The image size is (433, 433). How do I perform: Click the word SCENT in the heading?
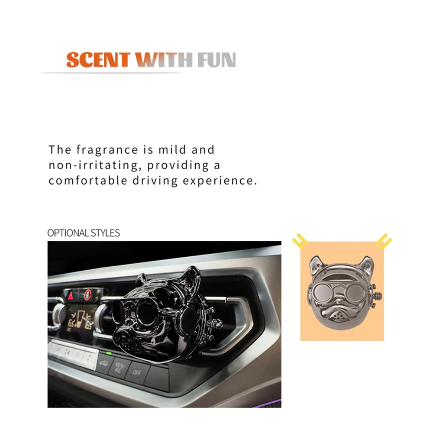tap(98, 60)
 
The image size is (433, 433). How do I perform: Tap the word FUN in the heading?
tap(217, 60)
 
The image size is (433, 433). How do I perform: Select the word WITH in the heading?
tap(164, 60)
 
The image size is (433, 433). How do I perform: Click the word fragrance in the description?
tap(107, 150)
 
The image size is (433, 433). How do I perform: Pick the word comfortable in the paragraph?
tap(88, 181)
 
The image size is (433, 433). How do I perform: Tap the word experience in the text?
tap(220, 181)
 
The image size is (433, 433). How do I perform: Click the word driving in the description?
tap(155, 181)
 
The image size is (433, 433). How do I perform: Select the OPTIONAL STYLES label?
tap(84, 233)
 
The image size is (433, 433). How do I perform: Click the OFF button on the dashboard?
tap(137, 372)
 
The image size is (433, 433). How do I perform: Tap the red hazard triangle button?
tap(71, 296)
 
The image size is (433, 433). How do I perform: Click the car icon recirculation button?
tap(104, 363)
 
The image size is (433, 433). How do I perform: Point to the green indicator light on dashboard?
tap(109, 353)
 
